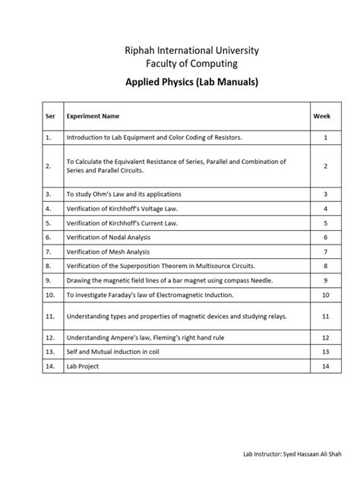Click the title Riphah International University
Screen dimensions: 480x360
181,50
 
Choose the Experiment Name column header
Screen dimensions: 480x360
93,116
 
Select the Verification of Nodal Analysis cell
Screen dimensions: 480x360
109,237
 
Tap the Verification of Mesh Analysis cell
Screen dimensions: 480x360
108,251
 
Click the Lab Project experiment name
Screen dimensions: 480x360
83,366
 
